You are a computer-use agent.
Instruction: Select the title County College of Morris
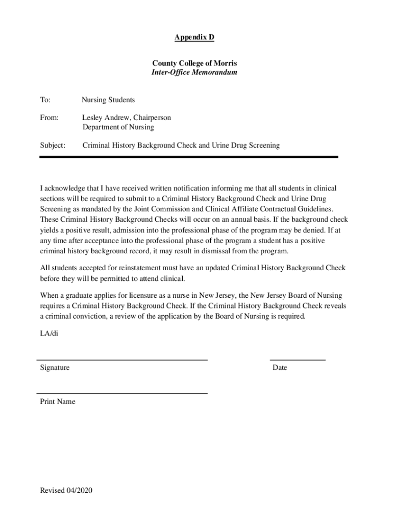pyautogui.click(x=194, y=63)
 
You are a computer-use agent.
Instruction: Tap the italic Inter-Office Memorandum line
pyautogui.click(x=194, y=73)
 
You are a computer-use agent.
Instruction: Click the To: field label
pyautogui.click(x=45, y=100)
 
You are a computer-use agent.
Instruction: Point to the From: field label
pyautogui.click(x=50, y=118)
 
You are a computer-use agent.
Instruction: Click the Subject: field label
pyautogui.click(x=53, y=146)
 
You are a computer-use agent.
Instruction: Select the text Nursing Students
pyautogui.click(x=108, y=100)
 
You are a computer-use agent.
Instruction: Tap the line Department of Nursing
pyautogui.click(x=118, y=127)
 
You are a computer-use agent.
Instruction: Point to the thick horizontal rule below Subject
pyautogui.click(x=189, y=157)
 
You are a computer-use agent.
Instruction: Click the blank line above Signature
pyautogui.click(x=122, y=360)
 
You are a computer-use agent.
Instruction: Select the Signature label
pyautogui.click(x=55, y=368)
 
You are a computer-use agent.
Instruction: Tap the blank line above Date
pyautogui.click(x=298, y=360)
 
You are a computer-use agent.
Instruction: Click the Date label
pyautogui.click(x=280, y=368)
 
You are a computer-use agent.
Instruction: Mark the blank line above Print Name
pyautogui.click(x=122, y=393)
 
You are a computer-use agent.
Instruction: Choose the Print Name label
pyautogui.click(x=58, y=402)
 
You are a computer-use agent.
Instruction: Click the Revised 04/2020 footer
pyautogui.click(x=66, y=491)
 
